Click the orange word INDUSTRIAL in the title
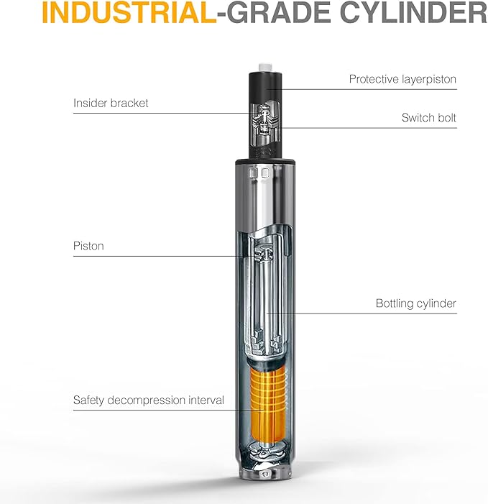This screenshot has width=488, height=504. click(129, 12)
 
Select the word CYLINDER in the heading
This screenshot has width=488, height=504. click(414, 12)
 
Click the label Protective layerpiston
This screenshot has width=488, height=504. click(402, 79)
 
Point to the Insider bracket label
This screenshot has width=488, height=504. click(111, 104)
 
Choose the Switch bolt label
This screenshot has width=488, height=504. click(429, 118)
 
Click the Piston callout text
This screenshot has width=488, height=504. click(88, 246)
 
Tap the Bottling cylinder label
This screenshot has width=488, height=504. click(416, 303)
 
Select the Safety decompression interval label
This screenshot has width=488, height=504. click(149, 400)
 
